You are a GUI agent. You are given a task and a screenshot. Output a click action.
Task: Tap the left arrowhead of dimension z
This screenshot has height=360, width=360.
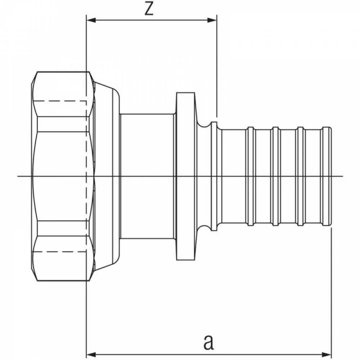click(91, 20)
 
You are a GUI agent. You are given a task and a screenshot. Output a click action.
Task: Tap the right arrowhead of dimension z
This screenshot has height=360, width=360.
click(212, 20)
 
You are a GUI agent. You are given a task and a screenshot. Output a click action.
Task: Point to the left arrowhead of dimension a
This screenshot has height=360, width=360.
click(91, 354)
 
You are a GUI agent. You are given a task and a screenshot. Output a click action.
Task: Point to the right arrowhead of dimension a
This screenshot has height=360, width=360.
click(327, 354)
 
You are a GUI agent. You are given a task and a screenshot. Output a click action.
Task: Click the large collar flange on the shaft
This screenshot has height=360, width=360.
click(185, 176)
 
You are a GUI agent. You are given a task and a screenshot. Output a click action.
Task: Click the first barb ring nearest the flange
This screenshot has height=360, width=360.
click(251, 176)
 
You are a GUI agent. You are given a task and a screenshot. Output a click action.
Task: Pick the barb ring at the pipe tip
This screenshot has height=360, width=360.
click(327, 176)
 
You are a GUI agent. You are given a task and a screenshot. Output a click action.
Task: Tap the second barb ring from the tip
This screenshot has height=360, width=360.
click(301, 176)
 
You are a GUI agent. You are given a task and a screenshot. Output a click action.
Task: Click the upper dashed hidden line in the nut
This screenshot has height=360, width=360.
click(60, 101)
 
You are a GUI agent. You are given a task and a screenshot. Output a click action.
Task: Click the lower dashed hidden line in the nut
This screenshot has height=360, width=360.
click(60, 252)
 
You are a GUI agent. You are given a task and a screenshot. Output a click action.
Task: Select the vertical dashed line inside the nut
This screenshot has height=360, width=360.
click(86, 176)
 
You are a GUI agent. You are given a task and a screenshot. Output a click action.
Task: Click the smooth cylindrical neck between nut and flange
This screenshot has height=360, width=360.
click(147, 176)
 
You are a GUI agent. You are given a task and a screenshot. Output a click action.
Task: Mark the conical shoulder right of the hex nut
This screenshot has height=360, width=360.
click(107, 176)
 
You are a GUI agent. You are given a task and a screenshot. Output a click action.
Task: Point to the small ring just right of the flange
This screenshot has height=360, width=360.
click(214, 176)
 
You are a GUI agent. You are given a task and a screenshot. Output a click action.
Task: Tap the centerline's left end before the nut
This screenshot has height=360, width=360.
click(18, 176)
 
